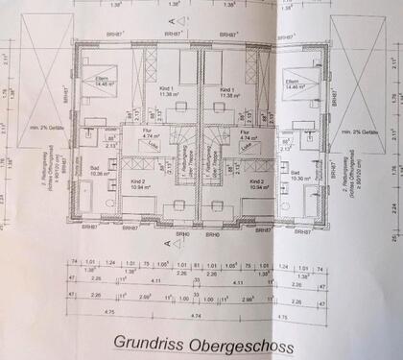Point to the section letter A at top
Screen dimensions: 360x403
pyautogui.click(x=174, y=19)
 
